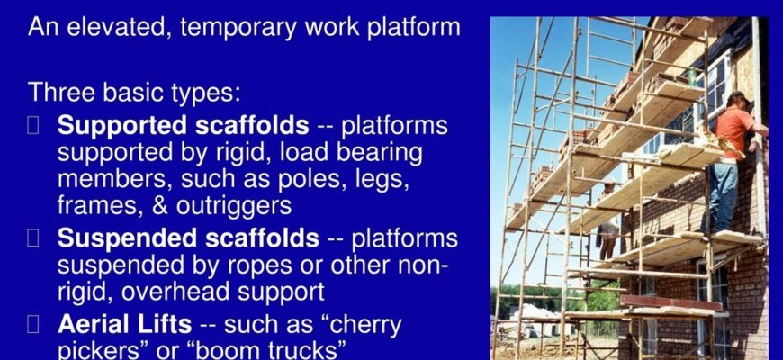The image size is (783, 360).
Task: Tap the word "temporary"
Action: tap(238, 28)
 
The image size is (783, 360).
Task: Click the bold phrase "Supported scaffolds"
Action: tap(184, 125)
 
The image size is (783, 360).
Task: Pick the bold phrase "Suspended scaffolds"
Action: tap(188, 238)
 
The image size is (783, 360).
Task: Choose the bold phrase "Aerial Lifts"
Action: tap(124, 324)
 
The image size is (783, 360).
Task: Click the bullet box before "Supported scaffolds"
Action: tap(33, 126)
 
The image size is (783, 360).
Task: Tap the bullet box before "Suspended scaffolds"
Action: tap(33, 238)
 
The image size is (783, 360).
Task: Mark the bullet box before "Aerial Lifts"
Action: tap(33, 325)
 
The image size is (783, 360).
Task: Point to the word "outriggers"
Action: tap(234, 206)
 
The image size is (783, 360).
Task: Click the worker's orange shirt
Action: tap(733, 130)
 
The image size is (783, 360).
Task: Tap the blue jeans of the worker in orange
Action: tap(723, 195)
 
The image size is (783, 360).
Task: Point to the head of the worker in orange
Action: tap(738, 101)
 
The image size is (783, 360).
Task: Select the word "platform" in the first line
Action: tap(414, 28)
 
